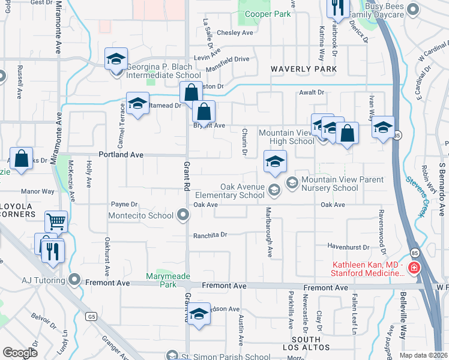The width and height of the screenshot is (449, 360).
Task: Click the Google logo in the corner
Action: (x=20, y=353)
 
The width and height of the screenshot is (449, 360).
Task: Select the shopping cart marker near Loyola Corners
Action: (x=56, y=221)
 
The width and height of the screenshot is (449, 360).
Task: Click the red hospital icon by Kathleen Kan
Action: (x=413, y=268)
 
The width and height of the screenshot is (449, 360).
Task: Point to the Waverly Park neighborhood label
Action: (x=303, y=69)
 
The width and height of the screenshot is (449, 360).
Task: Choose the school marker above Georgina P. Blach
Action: (x=116, y=59)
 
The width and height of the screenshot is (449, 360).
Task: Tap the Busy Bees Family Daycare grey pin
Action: (x=413, y=8)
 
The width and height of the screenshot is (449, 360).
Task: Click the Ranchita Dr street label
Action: (x=210, y=235)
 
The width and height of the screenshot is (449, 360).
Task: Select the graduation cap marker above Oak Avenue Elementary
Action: (x=275, y=161)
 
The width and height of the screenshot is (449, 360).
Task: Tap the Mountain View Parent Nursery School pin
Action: (x=292, y=182)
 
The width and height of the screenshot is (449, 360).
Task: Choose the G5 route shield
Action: (x=91, y=316)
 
